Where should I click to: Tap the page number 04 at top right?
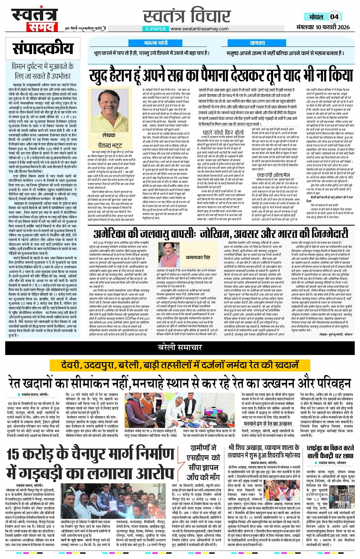334,17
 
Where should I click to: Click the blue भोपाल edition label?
316,17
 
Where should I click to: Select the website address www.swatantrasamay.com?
199,29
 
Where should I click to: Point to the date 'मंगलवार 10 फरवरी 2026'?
323,27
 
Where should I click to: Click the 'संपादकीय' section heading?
43,48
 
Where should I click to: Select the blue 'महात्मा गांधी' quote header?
156,43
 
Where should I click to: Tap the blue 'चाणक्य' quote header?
257,43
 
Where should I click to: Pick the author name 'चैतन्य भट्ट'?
110,145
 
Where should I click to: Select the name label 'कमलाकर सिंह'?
198,257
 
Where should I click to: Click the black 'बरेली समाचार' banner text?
180,347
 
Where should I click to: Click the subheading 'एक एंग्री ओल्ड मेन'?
273,175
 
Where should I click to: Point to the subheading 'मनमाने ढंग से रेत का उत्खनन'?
268,423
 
